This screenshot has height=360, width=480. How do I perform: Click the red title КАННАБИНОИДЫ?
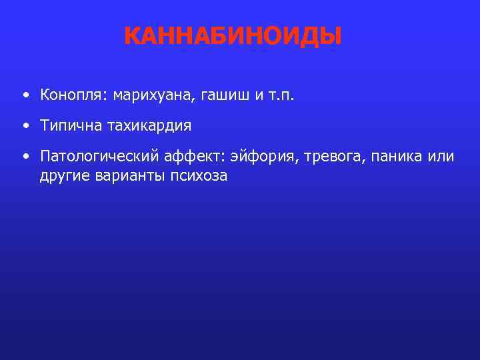point(233,36)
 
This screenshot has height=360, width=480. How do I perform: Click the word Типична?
point(69,125)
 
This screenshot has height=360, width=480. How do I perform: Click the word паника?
point(393,157)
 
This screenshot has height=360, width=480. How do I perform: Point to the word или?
point(441,157)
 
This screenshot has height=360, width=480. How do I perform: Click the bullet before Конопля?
point(25,95)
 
